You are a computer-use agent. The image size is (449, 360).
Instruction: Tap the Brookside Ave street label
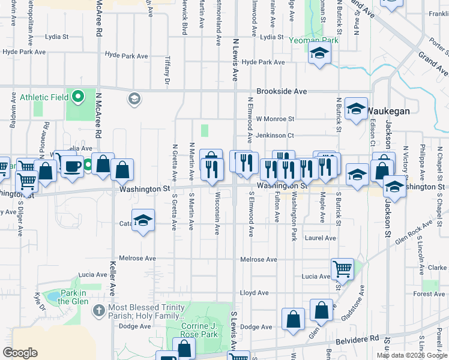pos(282,92)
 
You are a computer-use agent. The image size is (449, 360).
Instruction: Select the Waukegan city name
pos(388,111)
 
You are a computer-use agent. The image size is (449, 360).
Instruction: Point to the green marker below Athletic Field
pos(77,97)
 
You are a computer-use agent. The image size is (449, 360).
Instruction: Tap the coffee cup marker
pos(73,166)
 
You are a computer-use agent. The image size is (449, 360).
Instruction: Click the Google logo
pos(20,353)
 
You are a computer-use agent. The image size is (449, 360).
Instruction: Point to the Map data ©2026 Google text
pos(412,355)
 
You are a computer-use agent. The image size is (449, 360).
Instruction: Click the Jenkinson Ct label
pos(274,136)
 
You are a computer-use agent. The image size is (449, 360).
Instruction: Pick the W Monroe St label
pos(275,119)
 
